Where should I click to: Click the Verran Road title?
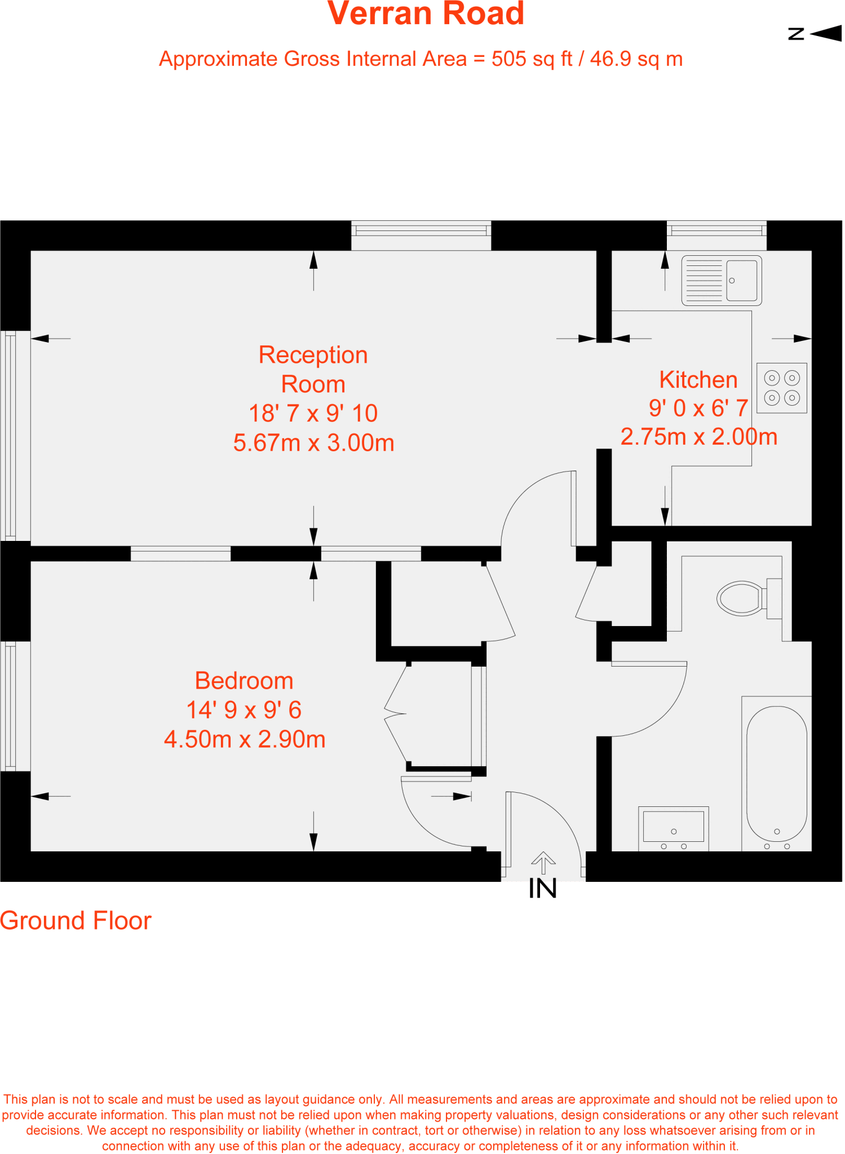click(426, 14)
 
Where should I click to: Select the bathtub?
click(777, 773)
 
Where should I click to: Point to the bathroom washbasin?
click(674, 827)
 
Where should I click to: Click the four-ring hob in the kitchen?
click(782, 388)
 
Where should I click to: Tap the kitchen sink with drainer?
click(722, 280)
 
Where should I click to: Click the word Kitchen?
click(698, 380)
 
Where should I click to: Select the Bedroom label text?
click(244, 681)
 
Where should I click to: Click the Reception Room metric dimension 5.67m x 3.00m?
click(313, 443)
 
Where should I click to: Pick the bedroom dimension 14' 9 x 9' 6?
click(244, 710)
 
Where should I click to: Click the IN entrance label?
click(543, 889)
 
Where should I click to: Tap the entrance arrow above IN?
click(543, 862)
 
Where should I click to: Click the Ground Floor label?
click(76, 921)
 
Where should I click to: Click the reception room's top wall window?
click(421, 234)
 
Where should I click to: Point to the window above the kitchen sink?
click(716, 234)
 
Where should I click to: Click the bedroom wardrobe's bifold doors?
click(396, 714)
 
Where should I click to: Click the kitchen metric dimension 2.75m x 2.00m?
click(699, 437)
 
